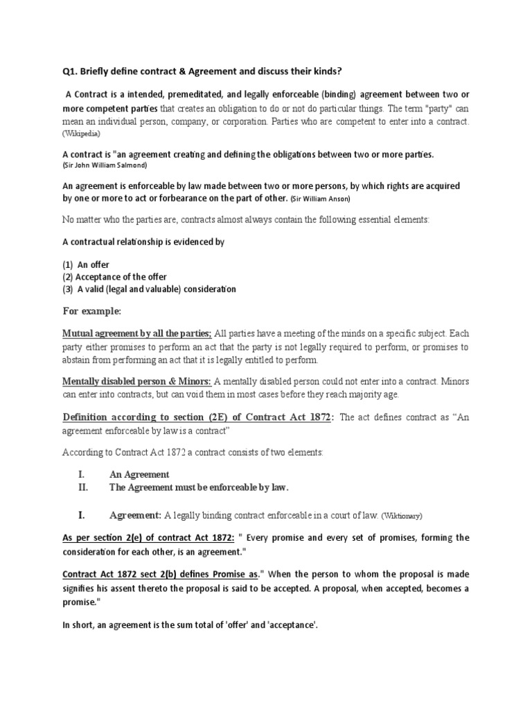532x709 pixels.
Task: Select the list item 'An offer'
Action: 93,264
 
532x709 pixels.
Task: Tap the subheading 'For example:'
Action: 92,311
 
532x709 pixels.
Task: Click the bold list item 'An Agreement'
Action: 139,474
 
